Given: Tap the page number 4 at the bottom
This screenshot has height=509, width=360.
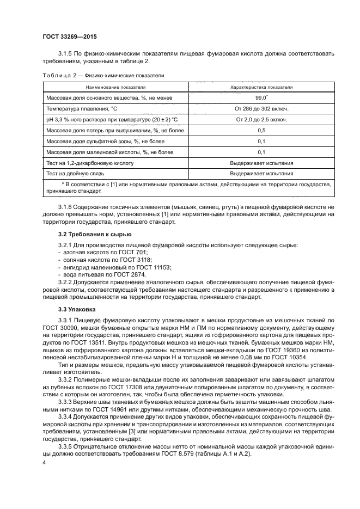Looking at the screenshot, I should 44,462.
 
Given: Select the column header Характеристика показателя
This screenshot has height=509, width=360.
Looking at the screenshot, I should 261,87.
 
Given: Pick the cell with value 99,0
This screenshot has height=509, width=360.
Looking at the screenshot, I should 261,97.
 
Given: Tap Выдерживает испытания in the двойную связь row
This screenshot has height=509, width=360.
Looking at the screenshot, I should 261,174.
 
